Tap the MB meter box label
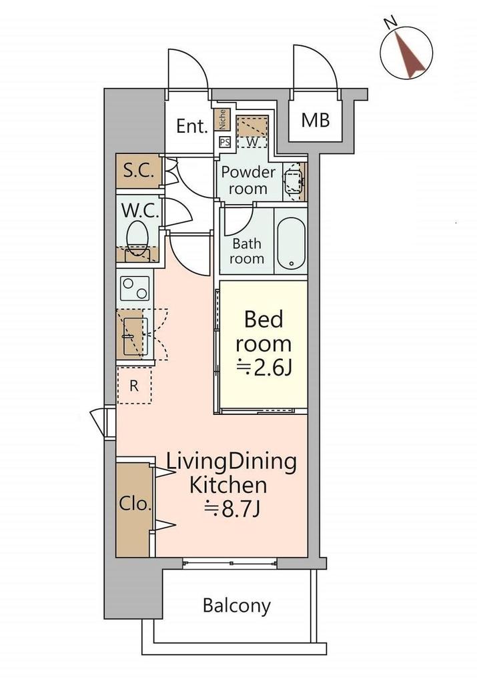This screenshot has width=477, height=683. pos(316,120)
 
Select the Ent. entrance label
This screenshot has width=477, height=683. pos(191,126)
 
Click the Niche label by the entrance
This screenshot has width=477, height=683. pos(221,120)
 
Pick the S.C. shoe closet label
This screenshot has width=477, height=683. pos(139,171)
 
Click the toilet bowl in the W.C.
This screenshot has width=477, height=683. pos(137,235)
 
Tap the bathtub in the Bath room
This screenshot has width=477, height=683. pos(292,241)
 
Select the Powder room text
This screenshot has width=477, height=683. pos(248,180)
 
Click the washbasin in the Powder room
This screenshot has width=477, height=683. pos(294,181)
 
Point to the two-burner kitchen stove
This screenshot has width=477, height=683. pos(135,289)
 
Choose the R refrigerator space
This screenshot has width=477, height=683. pos(134,386)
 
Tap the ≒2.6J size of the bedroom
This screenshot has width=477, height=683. pos(264,369)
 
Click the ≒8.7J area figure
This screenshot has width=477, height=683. pos(232,509)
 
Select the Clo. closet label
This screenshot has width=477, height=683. pos(135,504)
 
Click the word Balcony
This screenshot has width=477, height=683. pos(237,606)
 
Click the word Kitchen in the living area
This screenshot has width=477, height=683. pos(228,485)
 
